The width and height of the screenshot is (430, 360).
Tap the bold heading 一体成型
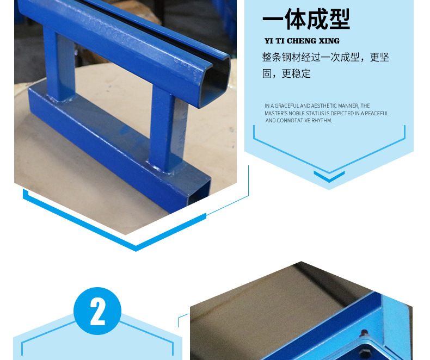click(306, 19)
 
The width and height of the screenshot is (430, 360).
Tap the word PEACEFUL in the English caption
click(377, 114)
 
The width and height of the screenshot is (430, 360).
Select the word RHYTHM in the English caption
click(321, 121)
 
